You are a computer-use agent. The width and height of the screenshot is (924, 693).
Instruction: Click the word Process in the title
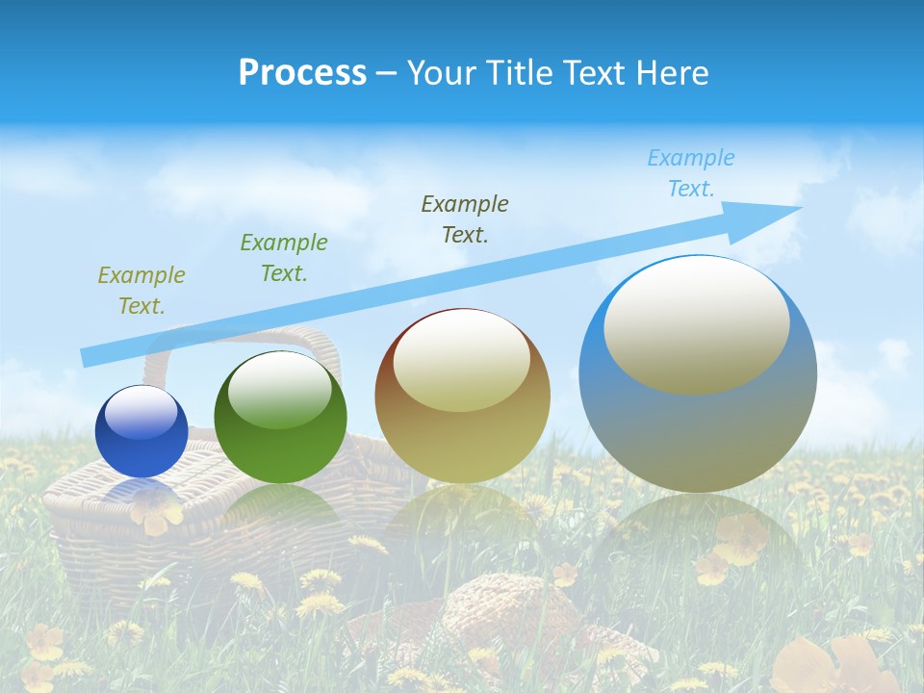[302, 73]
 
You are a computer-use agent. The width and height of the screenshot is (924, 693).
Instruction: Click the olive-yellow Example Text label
[141, 291]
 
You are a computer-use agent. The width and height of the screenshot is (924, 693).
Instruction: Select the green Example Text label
[284, 258]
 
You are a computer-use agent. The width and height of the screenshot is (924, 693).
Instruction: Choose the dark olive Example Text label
[465, 218]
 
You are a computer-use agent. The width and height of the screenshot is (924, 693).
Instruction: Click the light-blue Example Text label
[691, 173]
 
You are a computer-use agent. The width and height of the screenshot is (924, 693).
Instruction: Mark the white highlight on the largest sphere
[696, 324]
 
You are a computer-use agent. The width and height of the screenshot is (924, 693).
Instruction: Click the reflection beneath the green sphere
[280, 510]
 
